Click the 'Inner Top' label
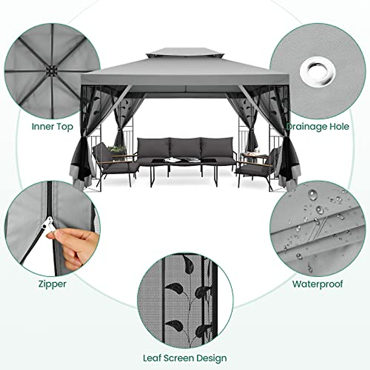[x=52, y=126]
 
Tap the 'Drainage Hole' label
[x=318, y=126]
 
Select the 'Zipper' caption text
[x=52, y=284]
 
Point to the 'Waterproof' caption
[x=318, y=284]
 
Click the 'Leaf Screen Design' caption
[x=185, y=358]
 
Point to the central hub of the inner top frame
[x=50, y=71]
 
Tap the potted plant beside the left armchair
[x=117, y=150]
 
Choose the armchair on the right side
[x=259, y=165]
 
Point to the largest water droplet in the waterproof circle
[x=312, y=195]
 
